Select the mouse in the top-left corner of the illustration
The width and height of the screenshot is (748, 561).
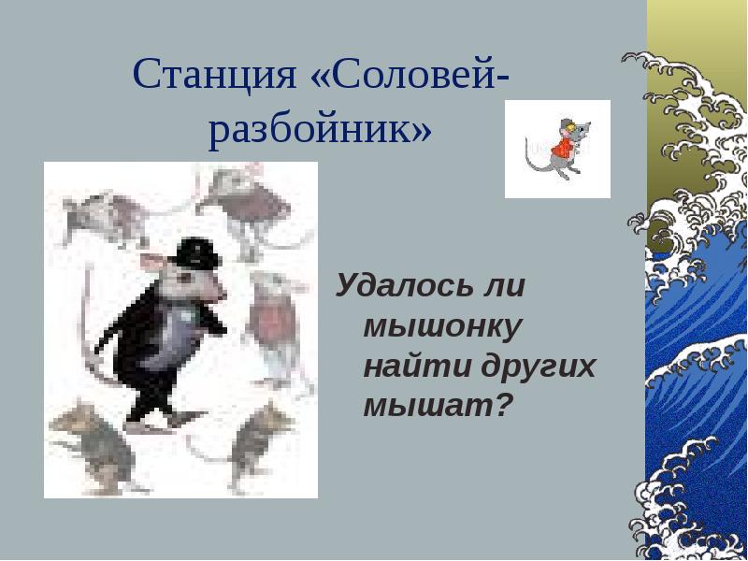[103, 215]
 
